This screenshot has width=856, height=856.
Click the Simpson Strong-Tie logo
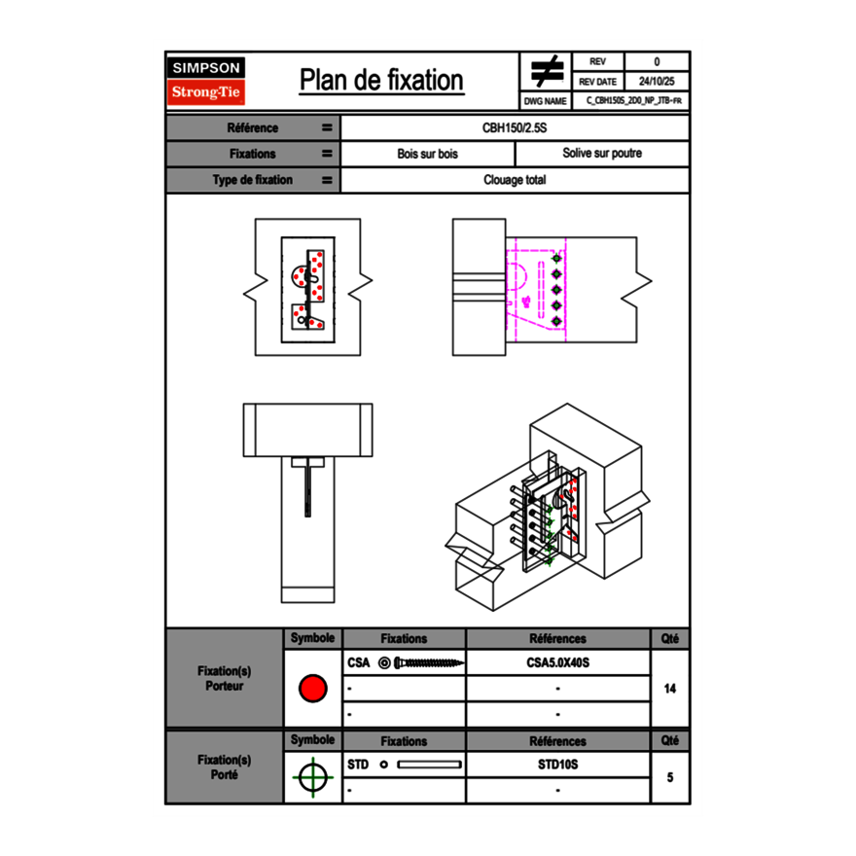[206, 81]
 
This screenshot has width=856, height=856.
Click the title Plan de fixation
[381, 81]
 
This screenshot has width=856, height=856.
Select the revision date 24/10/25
[657, 82]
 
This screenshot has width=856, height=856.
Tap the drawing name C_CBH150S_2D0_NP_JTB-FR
[633, 100]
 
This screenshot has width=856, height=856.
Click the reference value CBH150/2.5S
[515, 127]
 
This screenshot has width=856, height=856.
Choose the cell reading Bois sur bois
[427, 154]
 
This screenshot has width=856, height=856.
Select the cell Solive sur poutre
[601, 154]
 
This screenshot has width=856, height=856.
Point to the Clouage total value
[515, 180]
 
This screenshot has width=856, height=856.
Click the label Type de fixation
[252, 180]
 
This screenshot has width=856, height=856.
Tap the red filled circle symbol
[312, 688]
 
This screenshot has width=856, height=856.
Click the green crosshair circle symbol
[311, 777]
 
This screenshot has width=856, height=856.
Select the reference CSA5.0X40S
[557, 662]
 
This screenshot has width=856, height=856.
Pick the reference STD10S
[557, 765]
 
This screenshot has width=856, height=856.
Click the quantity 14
[669, 688]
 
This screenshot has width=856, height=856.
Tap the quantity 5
[669, 777]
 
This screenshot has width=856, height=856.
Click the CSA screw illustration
[421, 663]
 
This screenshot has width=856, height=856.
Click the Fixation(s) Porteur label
[224, 678]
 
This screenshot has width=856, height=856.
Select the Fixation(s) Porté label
[224, 767]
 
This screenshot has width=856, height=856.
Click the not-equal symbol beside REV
[547, 72]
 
